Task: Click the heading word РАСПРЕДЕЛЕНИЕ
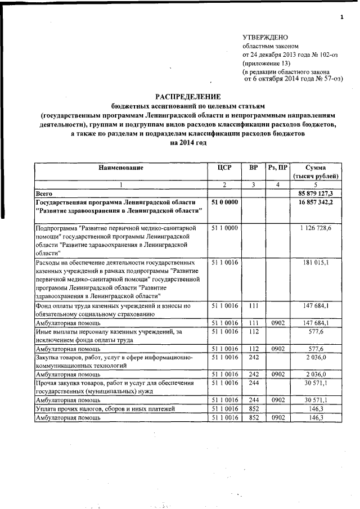pyautogui.click(x=188, y=97)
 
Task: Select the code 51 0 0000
pyautogui.click(x=224, y=202)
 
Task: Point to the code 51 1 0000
pyautogui.click(x=224, y=228)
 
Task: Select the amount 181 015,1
pyautogui.click(x=324, y=262)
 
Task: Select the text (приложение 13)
pyautogui.click(x=267, y=64)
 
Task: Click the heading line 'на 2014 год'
pyautogui.click(x=188, y=143)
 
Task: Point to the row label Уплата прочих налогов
pyautogui.click(x=92, y=409)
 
